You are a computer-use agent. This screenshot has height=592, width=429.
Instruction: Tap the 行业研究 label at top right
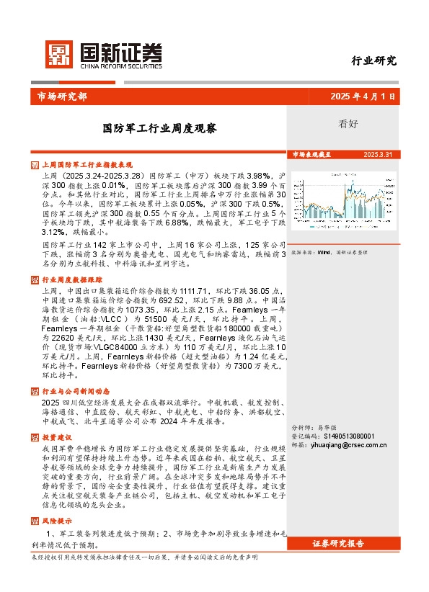pos(373,60)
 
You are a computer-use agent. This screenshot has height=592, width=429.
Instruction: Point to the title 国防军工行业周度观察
pos(159,129)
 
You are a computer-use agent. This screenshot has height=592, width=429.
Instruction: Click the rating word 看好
pos(348,123)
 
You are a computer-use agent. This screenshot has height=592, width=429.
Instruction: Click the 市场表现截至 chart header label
pos(311,154)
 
